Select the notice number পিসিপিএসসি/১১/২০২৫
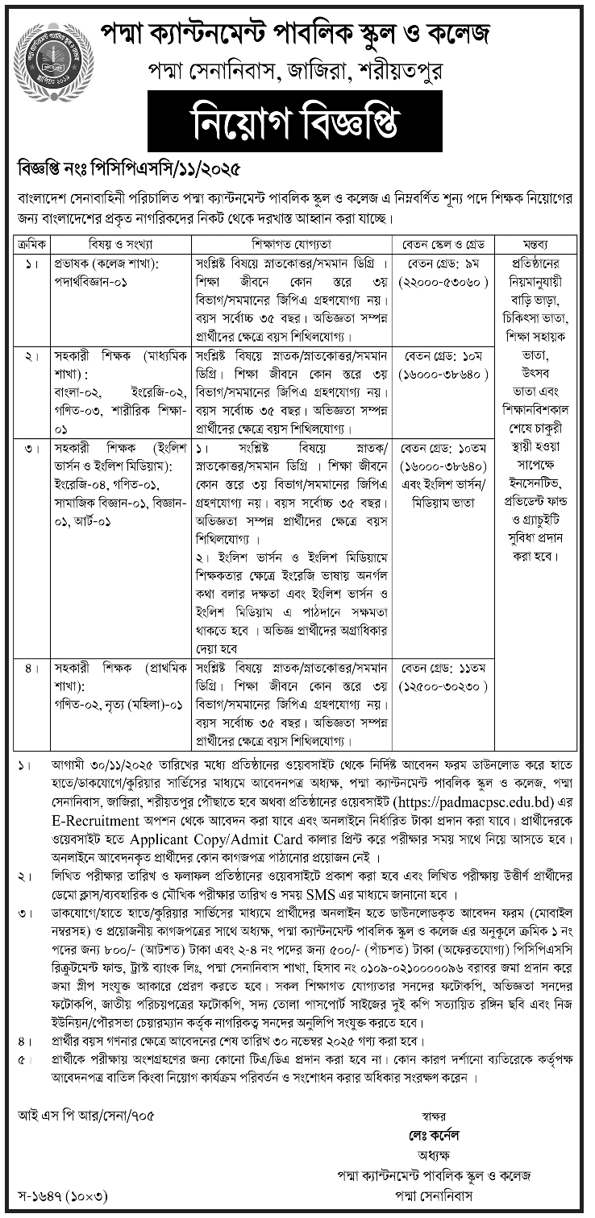177,171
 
